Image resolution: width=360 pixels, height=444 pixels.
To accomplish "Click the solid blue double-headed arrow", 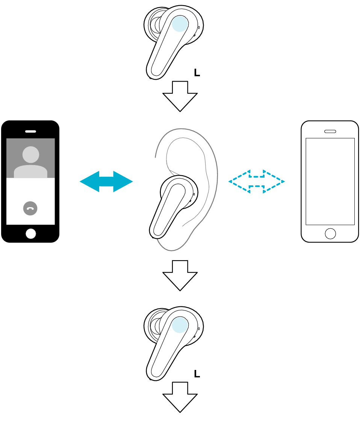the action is [x=106, y=182].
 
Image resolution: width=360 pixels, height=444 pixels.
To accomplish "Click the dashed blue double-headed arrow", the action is [x=256, y=182].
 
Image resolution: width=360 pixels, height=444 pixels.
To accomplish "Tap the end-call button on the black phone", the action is [x=30, y=208].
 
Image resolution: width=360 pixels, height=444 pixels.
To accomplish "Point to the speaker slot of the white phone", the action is [x=330, y=131].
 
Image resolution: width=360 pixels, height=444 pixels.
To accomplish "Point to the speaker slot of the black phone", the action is [x=30, y=131].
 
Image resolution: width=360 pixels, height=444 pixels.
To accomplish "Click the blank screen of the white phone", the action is [x=330, y=182].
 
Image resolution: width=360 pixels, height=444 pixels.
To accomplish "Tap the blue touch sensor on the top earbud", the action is [x=180, y=24].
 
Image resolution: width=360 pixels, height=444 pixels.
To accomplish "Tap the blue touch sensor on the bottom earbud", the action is [x=180, y=325].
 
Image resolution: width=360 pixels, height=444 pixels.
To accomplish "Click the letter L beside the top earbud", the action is [x=197, y=73].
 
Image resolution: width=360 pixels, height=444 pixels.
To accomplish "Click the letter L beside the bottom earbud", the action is [x=197, y=374].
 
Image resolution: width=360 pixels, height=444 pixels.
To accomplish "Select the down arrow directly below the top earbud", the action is [x=180, y=96].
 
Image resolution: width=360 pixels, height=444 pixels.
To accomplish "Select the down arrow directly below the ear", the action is [x=180, y=276].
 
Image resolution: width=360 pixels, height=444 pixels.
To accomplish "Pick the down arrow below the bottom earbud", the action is [x=180, y=397].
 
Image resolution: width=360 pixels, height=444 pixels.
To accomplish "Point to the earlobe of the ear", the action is [x=172, y=244].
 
